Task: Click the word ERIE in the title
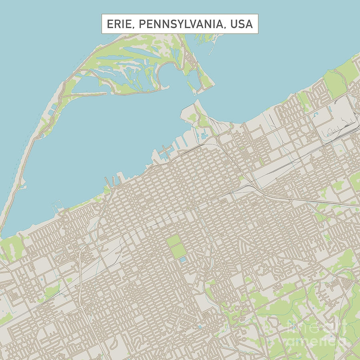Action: [x=120, y=24]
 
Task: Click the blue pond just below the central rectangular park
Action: [x=182, y=260]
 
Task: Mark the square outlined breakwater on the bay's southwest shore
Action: [x=58, y=206]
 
